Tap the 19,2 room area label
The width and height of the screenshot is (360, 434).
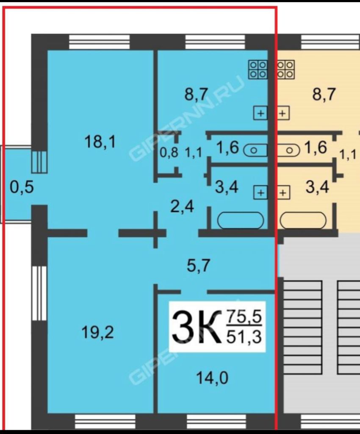98,333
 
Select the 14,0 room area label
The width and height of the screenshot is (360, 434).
212,377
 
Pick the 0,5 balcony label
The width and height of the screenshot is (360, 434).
21,187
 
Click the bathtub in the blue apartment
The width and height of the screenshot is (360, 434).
241,220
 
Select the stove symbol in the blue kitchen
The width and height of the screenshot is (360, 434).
258,70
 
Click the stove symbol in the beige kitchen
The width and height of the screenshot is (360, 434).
286,70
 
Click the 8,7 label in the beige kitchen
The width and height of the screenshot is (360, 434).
324,94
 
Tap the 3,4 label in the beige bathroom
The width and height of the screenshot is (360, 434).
318,186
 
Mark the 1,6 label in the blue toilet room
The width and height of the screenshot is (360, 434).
228,148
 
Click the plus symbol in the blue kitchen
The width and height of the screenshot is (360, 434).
260,113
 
